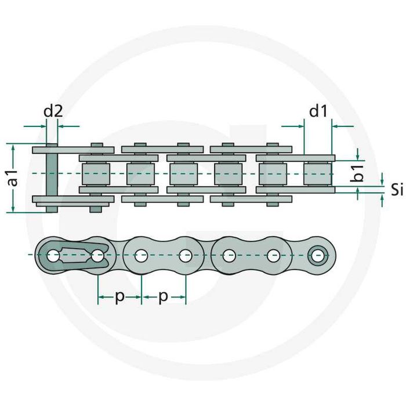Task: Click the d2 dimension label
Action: pyautogui.click(x=53, y=111)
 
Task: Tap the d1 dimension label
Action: pyautogui.click(x=317, y=111)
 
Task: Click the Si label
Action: pyautogui.click(x=397, y=189)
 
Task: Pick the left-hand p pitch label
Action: pyautogui.click(x=119, y=296)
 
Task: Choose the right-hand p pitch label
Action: pyautogui.click(x=164, y=296)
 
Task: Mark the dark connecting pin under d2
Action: pyautogui.click(x=51, y=177)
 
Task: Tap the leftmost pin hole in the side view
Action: pyautogui.click(x=53, y=255)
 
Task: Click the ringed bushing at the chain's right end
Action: pyautogui.click(x=318, y=255)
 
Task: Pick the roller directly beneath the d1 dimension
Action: pyautogui.click(x=317, y=173)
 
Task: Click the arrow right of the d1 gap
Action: pyautogui.click(x=342, y=125)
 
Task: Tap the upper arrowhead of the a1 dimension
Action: pyautogui.click(x=13, y=147)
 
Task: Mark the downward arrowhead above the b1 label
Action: pyautogui.click(x=358, y=155)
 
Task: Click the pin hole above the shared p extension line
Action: pyautogui.click(x=141, y=255)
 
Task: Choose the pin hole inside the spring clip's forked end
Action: pyautogui.click(x=97, y=255)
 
